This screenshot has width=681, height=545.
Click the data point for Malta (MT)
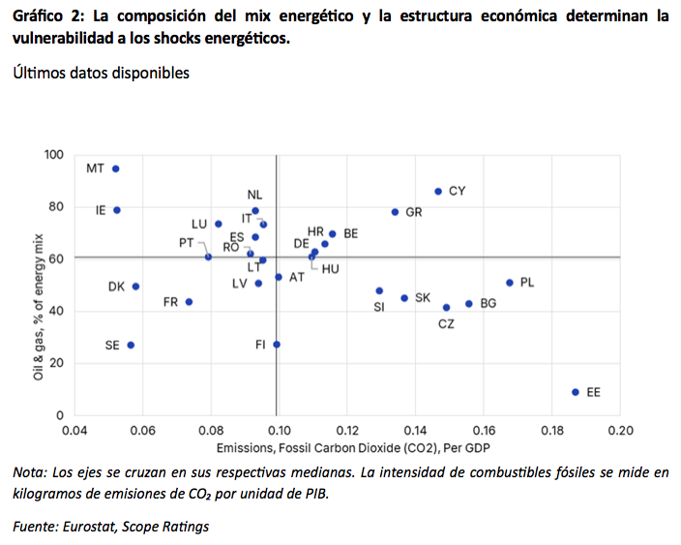[116, 168]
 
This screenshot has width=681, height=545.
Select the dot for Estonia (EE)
[576, 392]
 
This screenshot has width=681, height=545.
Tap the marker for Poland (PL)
[510, 283]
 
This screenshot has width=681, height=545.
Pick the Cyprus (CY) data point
[438, 192]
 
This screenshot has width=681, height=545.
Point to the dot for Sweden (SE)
[131, 345]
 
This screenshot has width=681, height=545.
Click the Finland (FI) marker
[277, 345]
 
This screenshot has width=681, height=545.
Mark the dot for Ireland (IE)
[117, 210]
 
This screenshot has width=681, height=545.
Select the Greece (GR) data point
[395, 212]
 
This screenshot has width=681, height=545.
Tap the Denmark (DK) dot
[136, 287]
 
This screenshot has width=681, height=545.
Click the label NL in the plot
[254, 195]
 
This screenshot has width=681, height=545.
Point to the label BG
[489, 303]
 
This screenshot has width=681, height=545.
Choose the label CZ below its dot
[446, 324]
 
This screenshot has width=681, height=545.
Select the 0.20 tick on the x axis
[619, 431]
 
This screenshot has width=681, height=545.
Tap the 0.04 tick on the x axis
[74, 431]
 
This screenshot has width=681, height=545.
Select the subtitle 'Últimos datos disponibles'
[101, 74]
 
